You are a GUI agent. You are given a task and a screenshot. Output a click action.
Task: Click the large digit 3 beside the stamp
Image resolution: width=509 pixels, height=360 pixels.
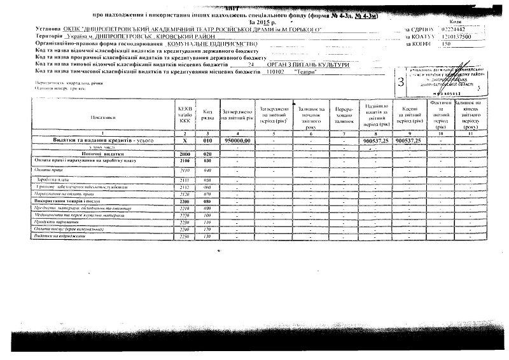click(400, 82)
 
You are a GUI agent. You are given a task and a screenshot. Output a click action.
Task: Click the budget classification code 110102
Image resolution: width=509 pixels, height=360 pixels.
click(275, 73)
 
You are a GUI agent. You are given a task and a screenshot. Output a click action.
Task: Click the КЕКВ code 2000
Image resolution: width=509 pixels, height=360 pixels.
click(185, 155)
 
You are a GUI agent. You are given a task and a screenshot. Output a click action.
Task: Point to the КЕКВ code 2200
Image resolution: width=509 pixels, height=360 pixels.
click(185, 201)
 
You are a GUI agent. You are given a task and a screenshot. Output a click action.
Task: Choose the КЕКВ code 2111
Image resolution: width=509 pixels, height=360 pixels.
click(185, 179)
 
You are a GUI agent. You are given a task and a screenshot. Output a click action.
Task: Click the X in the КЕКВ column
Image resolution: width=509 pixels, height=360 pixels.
click(185, 140)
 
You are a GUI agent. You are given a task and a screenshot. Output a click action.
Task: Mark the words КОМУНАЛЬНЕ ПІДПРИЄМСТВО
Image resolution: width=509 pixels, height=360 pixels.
click(208, 44)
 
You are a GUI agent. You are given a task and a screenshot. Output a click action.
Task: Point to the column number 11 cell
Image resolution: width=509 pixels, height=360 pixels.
click(471, 132)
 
